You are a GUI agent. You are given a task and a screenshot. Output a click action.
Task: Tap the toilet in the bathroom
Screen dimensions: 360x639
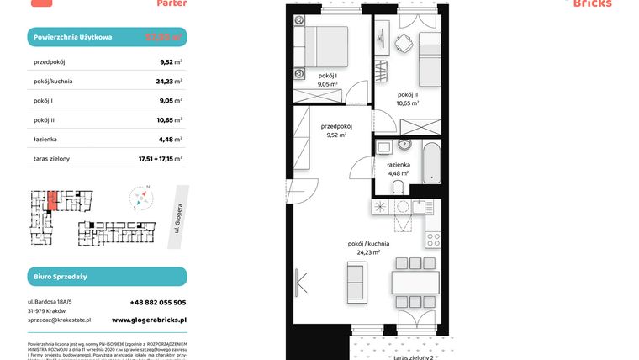(402, 186)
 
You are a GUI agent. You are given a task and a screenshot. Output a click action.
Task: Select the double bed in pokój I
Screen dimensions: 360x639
(324, 46)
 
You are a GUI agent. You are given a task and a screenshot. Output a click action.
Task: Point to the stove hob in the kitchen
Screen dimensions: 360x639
(433, 238)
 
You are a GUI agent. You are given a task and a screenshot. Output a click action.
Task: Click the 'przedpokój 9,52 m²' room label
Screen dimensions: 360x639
(335, 130)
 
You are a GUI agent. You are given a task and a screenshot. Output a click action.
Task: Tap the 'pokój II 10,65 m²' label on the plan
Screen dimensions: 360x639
(408, 98)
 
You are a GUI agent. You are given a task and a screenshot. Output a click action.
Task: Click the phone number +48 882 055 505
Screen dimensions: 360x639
(158, 302)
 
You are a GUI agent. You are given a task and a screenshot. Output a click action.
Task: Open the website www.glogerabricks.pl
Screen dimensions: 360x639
(149, 320)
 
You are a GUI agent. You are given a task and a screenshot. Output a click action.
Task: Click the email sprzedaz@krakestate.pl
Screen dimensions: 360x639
(59, 320)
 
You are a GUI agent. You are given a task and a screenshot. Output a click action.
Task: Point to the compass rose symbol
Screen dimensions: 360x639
(141, 199)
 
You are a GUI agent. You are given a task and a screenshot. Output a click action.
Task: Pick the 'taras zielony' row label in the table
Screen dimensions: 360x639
(52, 158)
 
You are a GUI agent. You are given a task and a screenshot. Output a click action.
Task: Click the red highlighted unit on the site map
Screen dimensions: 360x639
(53, 199)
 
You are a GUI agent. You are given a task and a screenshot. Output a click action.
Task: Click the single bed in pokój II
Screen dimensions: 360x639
(430, 55)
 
